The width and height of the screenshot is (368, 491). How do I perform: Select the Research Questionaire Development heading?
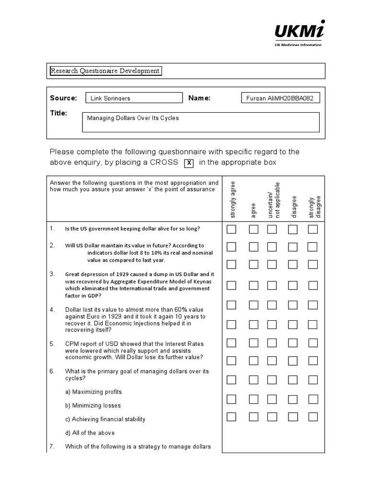point(105,71)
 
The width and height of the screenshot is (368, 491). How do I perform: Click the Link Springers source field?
point(133,98)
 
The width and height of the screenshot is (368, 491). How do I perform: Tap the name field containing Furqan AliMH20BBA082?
point(280,98)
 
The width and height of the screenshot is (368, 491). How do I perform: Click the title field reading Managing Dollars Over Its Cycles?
point(201,122)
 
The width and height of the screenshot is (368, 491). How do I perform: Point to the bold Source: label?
point(63,98)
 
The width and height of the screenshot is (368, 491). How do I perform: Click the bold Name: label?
point(199,98)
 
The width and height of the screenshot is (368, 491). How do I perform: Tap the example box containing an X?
point(189,163)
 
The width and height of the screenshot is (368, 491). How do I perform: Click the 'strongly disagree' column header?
point(315,206)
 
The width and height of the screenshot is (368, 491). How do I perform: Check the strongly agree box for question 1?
point(232,229)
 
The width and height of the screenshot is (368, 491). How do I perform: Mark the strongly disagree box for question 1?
point(313,229)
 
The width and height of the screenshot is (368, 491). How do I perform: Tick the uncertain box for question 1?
point(272,229)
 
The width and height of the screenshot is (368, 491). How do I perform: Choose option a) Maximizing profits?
point(93,392)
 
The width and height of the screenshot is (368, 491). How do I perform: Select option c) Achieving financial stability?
point(105,419)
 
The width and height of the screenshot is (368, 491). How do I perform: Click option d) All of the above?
point(90,433)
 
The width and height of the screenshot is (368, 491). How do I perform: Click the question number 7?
point(53,446)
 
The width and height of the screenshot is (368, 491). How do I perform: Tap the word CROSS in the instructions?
point(164,162)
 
